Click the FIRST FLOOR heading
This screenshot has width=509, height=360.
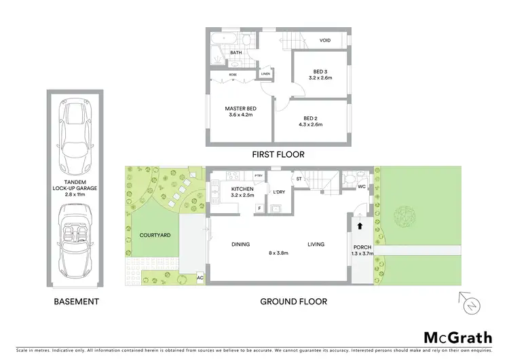pyautogui.click(x=278, y=154)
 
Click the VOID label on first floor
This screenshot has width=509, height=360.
pyautogui.click(x=325, y=41)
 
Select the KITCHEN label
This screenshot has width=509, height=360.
pyautogui.click(x=242, y=190)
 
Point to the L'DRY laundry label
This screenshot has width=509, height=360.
pyautogui.click(x=278, y=192)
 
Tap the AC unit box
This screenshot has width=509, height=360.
pyautogui.click(x=200, y=278)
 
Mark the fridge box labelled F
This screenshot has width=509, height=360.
pyautogui.click(x=259, y=207)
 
